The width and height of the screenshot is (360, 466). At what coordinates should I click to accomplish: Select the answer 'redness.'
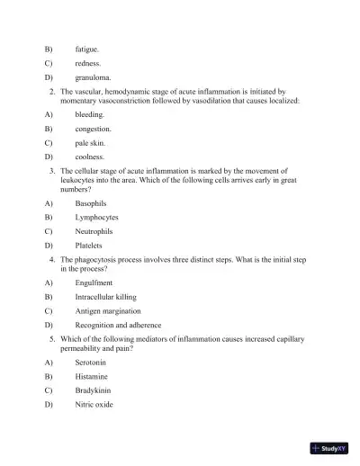(x=87, y=64)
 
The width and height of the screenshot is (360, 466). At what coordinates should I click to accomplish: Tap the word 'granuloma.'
(x=93, y=78)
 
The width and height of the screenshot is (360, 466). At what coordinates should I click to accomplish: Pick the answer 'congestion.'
(x=93, y=129)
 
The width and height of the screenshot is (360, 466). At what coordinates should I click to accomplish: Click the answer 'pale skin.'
(x=90, y=142)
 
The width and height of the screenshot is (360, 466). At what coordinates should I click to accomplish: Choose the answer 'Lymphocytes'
(x=96, y=217)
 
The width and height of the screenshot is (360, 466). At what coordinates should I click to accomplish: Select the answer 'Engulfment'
(x=94, y=282)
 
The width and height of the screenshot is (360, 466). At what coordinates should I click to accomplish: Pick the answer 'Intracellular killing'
(x=107, y=296)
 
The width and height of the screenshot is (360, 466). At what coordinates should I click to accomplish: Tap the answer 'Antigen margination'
(x=107, y=310)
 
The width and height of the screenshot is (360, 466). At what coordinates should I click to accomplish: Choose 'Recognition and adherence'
(x=118, y=324)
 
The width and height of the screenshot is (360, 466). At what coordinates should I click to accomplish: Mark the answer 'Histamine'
(x=93, y=376)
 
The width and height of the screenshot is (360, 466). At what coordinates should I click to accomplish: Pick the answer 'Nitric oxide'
(x=94, y=404)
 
